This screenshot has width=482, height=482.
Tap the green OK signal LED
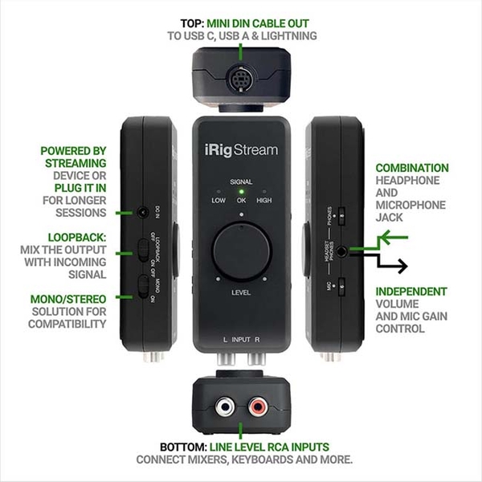click(x=241, y=191)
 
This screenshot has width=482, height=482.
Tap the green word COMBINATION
click(x=411, y=168)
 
